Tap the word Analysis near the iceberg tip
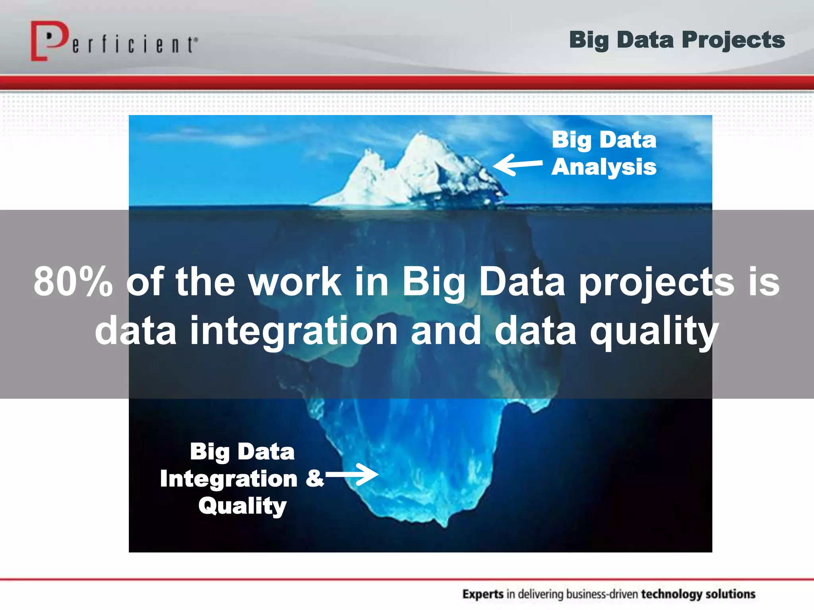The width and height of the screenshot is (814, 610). [604, 167]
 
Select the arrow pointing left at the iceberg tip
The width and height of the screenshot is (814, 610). [517, 164]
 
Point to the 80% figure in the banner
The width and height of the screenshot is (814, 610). [73, 282]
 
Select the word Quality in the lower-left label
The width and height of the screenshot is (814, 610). [242, 506]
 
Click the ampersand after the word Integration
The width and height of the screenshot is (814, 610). [314, 479]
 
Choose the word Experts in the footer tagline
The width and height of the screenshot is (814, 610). [483, 594]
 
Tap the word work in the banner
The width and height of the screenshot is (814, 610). [295, 282]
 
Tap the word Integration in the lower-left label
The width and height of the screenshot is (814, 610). [229, 479]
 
